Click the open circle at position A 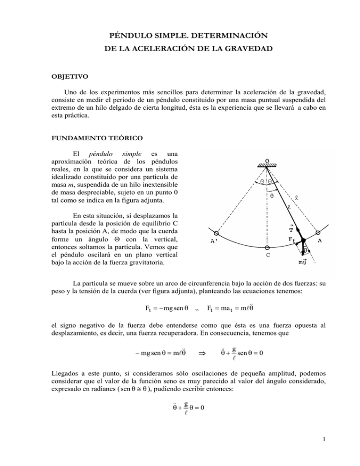[317, 233]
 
